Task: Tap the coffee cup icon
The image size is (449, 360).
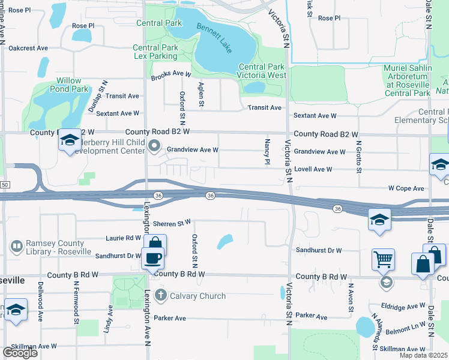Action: click(152, 259)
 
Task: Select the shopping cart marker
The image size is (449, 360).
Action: click(382, 259)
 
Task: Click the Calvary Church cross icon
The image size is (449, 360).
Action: click(160, 295)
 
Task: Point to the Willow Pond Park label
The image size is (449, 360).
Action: click(73, 85)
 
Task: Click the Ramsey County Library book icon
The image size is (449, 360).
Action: click(17, 246)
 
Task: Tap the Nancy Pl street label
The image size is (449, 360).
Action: click(267, 151)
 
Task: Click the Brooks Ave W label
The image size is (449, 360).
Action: click(170, 75)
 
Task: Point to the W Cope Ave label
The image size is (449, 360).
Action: click(406, 188)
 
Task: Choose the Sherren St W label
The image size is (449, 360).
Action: click(171, 223)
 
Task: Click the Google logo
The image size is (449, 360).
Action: click(20, 353)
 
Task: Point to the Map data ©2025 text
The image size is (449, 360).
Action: click(423, 355)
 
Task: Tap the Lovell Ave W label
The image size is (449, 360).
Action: click(313, 170)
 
